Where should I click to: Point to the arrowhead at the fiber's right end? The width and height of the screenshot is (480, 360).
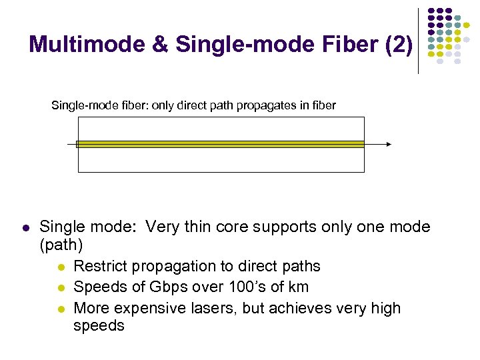point(389,144)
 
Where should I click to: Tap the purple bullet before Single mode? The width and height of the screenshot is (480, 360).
point(25,228)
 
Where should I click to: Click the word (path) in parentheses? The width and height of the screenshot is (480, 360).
point(61,245)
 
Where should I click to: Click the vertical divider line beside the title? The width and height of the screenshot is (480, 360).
point(418,40)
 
